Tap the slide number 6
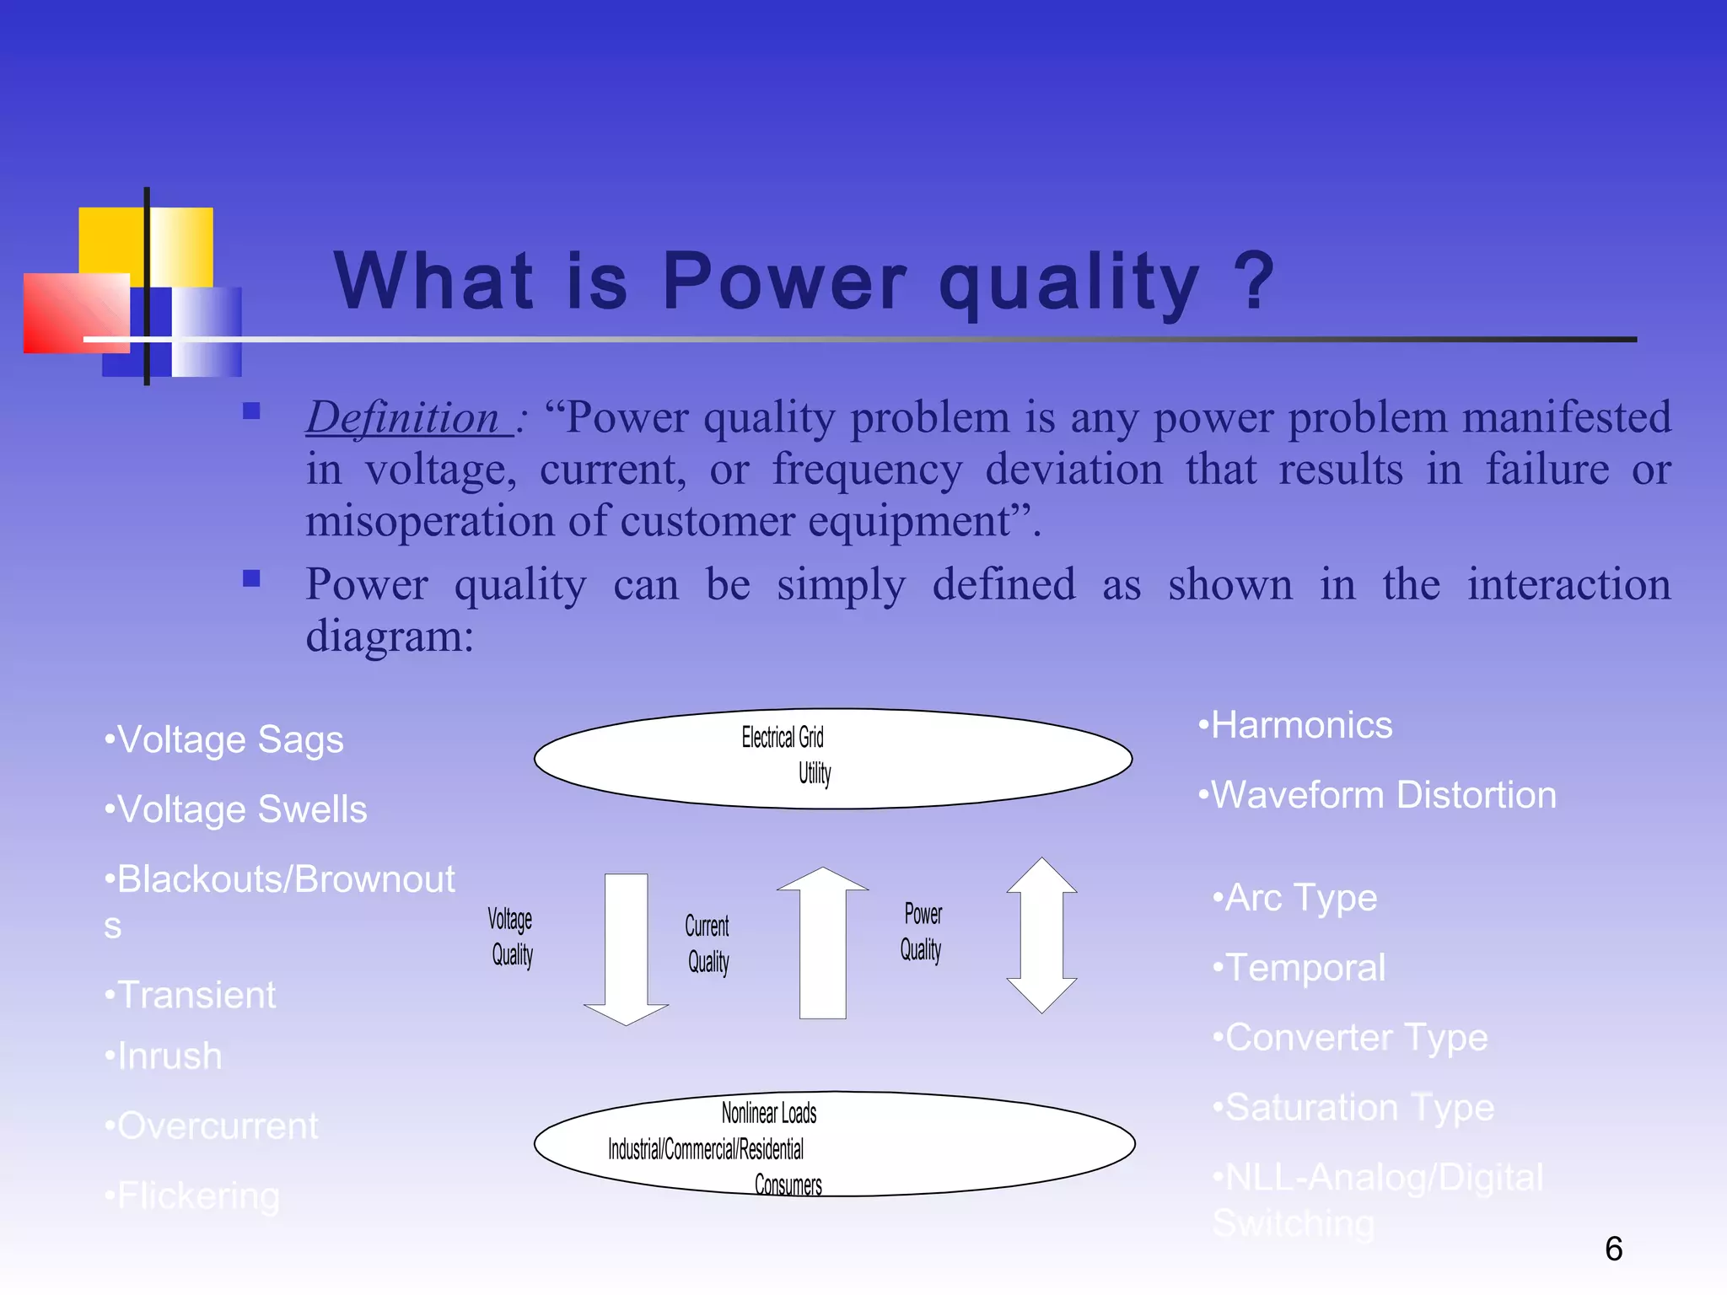pyautogui.click(x=1613, y=1249)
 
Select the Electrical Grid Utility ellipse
pyautogui.click(x=833, y=758)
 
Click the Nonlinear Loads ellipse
pyautogui.click(x=835, y=1144)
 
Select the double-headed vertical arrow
pyautogui.click(x=1041, y=935)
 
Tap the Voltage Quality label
pyautogui.click(x=511, y=937)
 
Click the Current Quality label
pyautogui.click(x=707, y=943)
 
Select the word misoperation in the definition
pyautogui.click(x=429, y=522)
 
